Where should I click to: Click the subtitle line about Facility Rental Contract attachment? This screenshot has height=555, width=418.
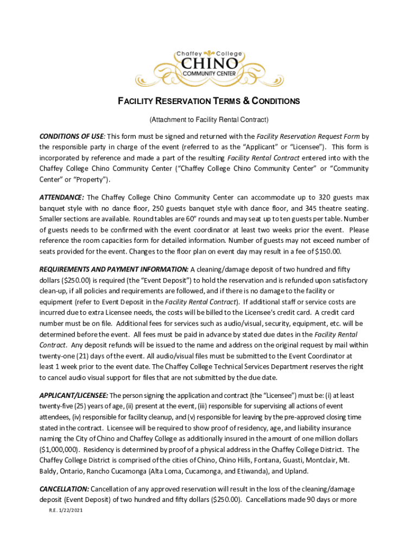coord(209,119)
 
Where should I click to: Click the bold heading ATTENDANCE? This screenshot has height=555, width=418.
coord(61,197)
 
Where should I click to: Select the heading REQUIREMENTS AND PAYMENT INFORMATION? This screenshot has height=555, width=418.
coord(113,269)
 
